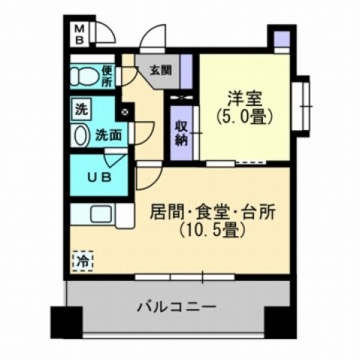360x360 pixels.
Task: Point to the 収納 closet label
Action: click(181, 132)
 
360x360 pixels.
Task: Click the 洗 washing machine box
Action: click(80, 108)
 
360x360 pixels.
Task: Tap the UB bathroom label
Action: click(98, 178)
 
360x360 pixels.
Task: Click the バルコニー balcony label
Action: click(177, 307)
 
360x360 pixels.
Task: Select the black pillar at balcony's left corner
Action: click(65, 321)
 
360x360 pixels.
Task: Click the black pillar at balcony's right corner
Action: click(280, 321)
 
